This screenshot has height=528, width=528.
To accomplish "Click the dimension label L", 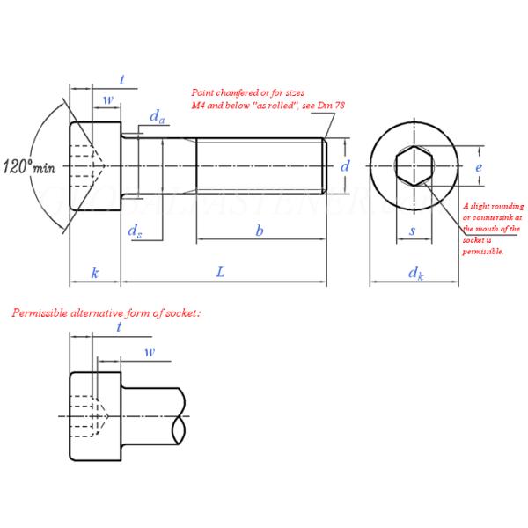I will tap(221, 273).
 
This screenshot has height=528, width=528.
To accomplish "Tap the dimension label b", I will tap(259, 231).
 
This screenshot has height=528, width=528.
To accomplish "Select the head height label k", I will tap(94, 273).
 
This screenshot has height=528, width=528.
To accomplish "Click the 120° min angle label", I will tap(29, 165).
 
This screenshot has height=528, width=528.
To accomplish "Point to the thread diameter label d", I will tap(345, 165).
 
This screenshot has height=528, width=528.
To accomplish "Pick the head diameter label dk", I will tap(414, 274).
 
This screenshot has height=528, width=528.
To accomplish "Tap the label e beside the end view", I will tap(479, 165).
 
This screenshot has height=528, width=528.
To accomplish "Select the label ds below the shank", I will tap(135, 231).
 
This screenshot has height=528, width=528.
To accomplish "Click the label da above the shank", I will tap(156, 116).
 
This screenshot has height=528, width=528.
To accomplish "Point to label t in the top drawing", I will tap(121, 81).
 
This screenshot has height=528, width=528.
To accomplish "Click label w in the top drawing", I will tap(107, 99).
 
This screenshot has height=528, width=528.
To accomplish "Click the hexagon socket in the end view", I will tap(412, 165).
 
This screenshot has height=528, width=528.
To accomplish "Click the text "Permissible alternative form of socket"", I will tap(106, 312).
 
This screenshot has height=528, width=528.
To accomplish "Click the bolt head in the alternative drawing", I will tap(95, 415).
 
